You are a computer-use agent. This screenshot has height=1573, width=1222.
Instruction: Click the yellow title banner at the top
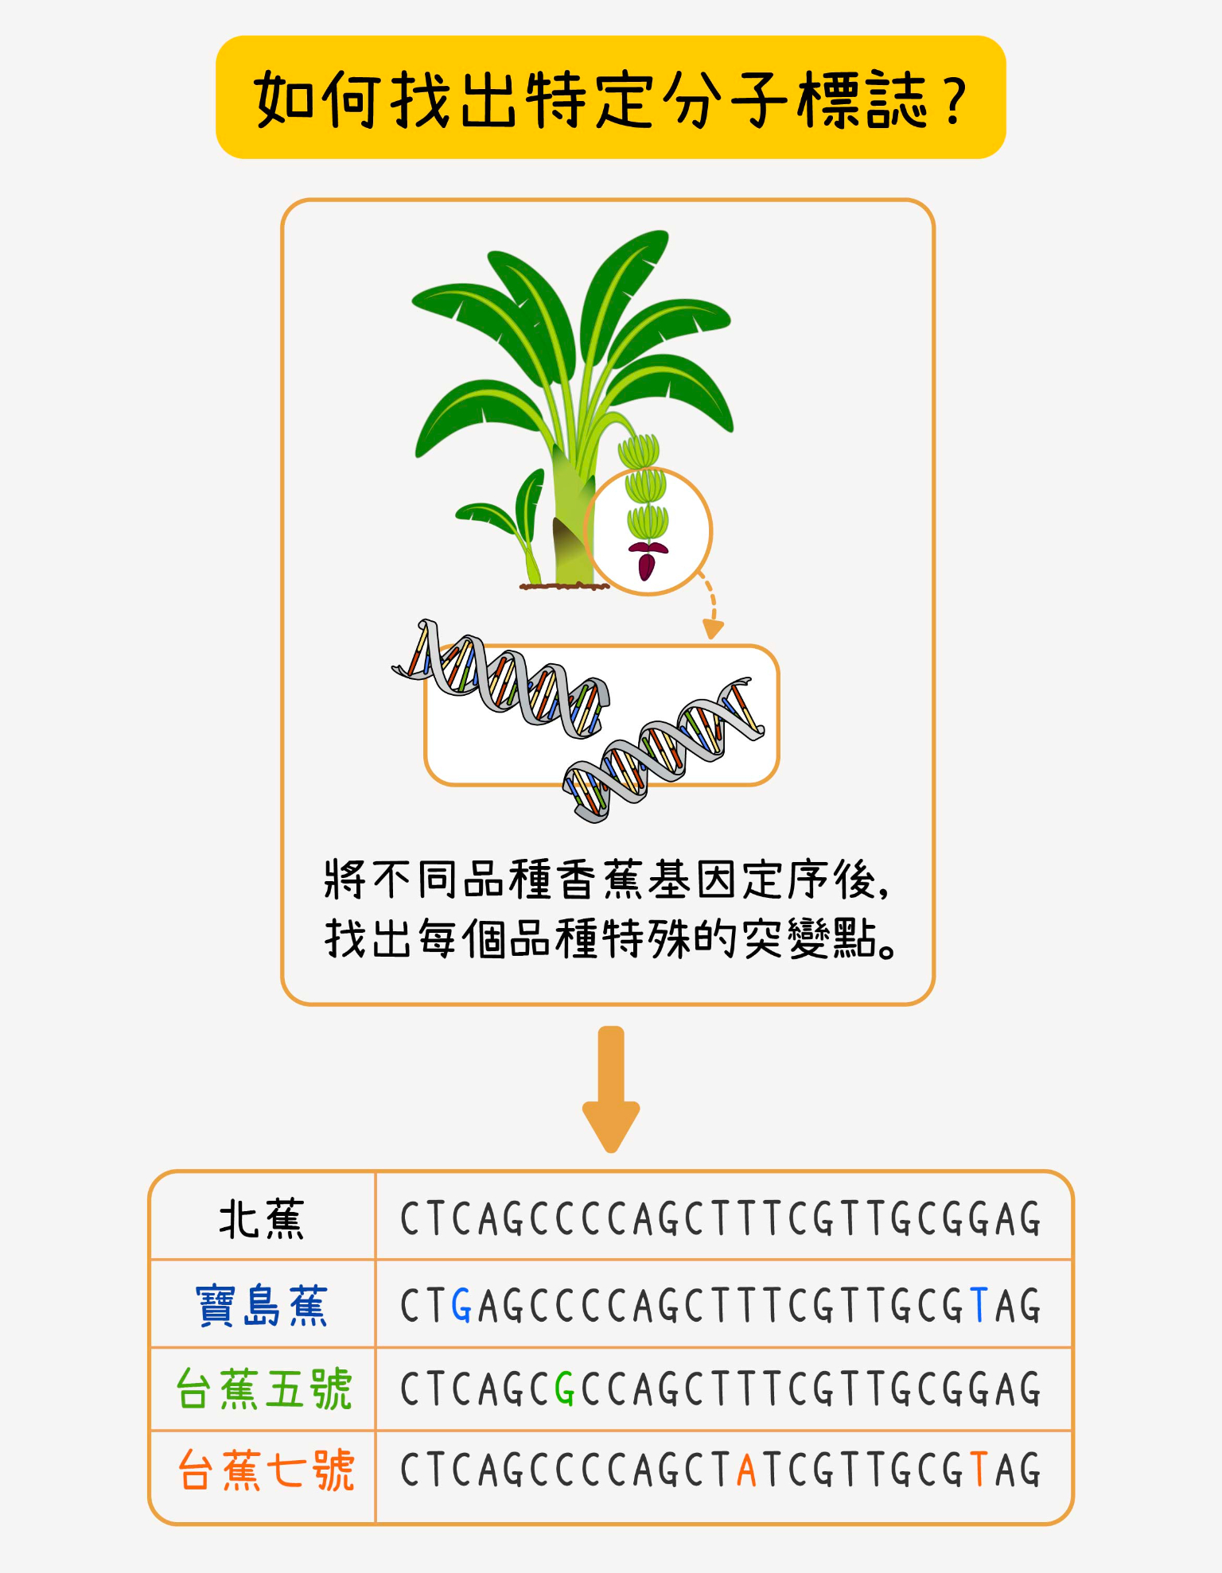point(610,97)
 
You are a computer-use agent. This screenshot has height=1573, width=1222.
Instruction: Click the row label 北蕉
point(262,1218)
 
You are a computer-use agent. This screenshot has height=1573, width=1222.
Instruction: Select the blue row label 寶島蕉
point(262,1305)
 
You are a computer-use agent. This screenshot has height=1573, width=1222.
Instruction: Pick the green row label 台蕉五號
point(263,1389)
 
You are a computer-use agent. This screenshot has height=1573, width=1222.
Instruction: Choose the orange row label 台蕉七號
point(265,1470)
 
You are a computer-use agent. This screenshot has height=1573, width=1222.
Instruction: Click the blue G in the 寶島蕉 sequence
point(461,1306)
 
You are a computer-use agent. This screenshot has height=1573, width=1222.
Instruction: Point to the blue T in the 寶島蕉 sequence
point(979,1306)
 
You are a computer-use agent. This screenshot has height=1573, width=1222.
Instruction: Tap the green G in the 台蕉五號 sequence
point(565,1390)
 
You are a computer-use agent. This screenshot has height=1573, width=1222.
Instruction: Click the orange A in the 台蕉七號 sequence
point(746,1470)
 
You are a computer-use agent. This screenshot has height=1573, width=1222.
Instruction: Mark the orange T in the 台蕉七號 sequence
point(979,1470)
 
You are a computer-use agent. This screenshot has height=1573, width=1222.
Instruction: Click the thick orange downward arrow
point(611,1089)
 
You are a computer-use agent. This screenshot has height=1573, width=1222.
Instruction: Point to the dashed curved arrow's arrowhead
point(713,629)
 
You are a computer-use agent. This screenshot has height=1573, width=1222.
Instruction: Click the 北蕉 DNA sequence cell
point(721,1218)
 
